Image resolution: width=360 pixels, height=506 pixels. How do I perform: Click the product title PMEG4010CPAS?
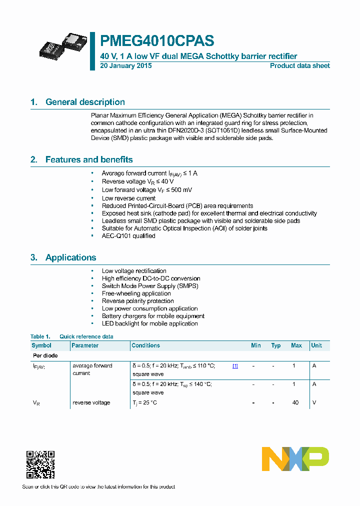[157, 41]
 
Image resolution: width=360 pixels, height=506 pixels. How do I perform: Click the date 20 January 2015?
[126, 65]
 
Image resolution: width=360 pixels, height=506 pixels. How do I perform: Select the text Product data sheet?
[299, 65]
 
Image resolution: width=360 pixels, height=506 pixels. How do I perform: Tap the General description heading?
[85, 102]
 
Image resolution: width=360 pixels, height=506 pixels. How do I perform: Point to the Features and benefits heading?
[89, 159]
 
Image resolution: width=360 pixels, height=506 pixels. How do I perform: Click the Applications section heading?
[70, 257]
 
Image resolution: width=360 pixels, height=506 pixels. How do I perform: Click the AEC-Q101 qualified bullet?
[128, 236]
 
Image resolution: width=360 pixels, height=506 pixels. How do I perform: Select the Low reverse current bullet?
[128, 198]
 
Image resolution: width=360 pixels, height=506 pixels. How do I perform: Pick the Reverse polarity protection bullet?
[137, 301]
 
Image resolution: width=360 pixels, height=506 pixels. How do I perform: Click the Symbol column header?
[41, 345]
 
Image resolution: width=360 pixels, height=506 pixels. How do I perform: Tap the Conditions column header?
[145, 345]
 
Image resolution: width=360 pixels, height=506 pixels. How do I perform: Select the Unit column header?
[316, 345]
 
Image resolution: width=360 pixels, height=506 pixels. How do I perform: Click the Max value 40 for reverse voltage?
[295, 402]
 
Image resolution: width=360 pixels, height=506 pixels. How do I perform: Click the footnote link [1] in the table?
[235, 366]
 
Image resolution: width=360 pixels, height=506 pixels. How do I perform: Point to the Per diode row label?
[45, 355]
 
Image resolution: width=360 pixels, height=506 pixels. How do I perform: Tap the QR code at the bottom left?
[40, 464]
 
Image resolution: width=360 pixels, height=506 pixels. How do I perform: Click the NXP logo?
[295, 458]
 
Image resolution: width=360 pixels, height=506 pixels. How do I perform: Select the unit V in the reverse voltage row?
[314, 402]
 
